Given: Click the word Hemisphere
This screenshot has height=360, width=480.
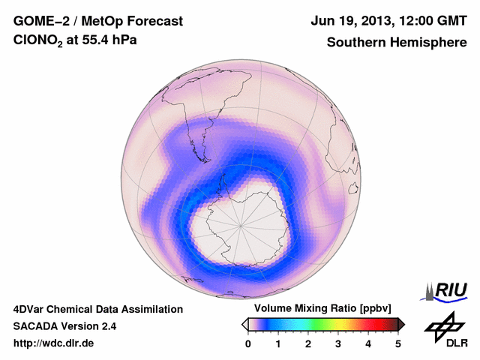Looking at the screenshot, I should click(429, 42).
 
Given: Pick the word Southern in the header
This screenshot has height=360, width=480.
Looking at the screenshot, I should click(354, 42).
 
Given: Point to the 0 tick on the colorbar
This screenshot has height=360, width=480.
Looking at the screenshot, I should click(248, 343).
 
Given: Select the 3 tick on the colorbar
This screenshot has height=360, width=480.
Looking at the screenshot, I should click(338, 343).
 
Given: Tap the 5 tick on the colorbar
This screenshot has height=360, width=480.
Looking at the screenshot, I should click(398, 343).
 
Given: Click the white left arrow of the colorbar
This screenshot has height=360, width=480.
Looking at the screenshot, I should click(245, 324).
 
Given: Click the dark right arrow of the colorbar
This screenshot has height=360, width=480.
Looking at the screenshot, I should click(401, 324).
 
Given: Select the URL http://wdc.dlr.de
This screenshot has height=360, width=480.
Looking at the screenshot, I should click(54, 343).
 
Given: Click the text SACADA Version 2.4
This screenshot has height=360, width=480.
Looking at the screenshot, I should click(64, 326).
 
